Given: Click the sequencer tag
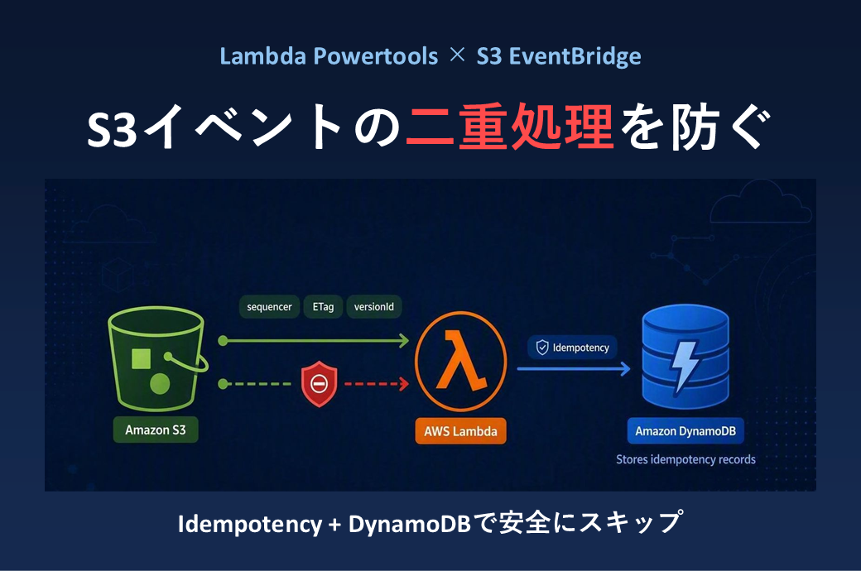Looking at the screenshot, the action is [x=269, y=306].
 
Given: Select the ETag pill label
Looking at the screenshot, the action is [x=323, y=306].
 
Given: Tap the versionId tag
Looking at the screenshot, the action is [x=373, y=306].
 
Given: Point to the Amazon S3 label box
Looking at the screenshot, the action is [x=156, y=429].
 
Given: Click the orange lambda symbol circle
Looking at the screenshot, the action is [x=460, y=362].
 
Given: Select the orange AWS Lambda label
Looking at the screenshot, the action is [x=460, y=431].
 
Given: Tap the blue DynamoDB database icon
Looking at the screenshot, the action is [x=685, y=357].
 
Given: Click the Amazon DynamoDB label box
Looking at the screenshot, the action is [x=685, y=431].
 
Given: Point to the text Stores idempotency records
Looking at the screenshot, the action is [x=685, y=459].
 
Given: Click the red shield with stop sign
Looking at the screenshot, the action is [x=319, y=383].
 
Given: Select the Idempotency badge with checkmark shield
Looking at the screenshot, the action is [x=572, y=347].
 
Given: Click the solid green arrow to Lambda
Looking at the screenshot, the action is [x=314, y=341].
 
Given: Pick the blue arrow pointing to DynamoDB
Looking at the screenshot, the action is [x=574, y=369].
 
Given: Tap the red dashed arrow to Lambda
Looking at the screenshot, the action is [x=377, y=384].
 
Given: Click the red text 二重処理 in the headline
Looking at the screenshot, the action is [x=509, y=127].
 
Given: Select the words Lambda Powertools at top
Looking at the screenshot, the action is [x=329, y=56].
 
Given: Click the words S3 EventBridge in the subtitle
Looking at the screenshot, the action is [x=559, y=56].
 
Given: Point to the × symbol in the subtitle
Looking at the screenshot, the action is [x=457, y=55].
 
